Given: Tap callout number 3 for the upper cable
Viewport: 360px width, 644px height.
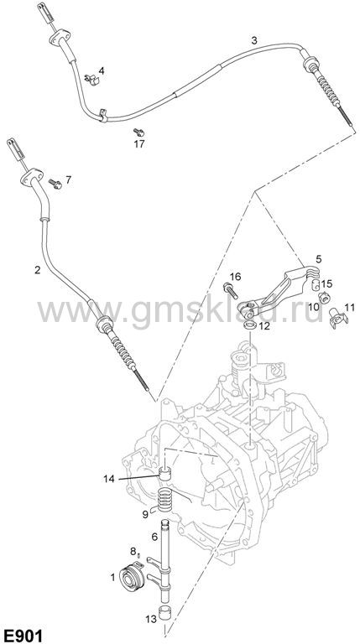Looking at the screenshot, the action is tap(254, 40).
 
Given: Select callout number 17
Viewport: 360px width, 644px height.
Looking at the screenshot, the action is tap(139, 144).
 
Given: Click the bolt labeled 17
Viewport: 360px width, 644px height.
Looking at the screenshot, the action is tap(139, 132).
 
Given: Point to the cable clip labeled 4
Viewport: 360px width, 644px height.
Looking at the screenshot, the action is tap(93, 80).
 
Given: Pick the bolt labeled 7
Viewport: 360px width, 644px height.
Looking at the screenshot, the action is tap(55, 184).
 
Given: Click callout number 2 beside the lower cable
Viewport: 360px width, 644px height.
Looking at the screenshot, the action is tap(38, 270).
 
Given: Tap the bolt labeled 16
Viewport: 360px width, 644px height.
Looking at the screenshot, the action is tap(230, 290).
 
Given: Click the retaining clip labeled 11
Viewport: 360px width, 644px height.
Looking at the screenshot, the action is tap(339, 319).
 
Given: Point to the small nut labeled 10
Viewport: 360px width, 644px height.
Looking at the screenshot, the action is tap(324, 298).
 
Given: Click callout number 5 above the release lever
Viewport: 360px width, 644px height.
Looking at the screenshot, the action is tap(319, 259).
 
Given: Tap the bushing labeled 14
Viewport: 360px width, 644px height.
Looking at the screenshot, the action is tap(165, 475).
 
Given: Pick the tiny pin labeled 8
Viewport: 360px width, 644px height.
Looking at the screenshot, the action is tap(138, 555).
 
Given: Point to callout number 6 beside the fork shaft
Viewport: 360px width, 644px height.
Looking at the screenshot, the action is tap(154, 537).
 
